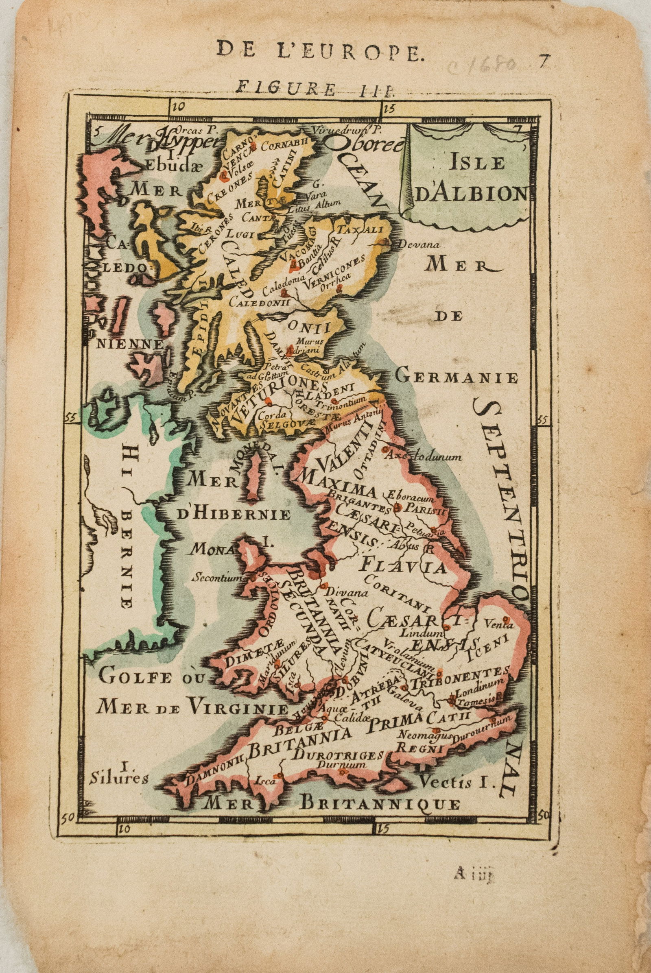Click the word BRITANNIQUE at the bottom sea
[x=380, y=804]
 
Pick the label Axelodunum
[x=424, y=457]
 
